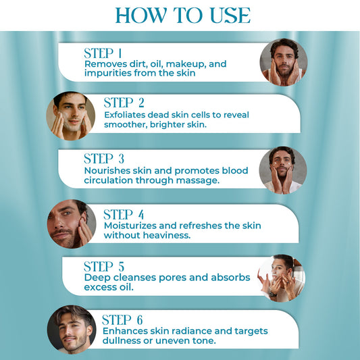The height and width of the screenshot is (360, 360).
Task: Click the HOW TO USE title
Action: [x=182, y=15]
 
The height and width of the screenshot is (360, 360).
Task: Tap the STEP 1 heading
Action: [x=103, y=53]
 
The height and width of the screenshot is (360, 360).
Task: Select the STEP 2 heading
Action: [x=124, y=103]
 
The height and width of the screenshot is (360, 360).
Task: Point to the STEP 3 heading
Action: [x=103, y=159]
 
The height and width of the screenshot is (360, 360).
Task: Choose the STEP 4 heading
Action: [x=124, y=214]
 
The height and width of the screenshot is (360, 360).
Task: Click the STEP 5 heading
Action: [x=104, y=266]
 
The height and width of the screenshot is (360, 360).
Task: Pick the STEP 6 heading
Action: [x=122, y=319]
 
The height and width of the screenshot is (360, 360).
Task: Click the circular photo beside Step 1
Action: [x=284, y=62]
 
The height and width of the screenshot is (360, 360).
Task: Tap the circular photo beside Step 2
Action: [x=70, y=115]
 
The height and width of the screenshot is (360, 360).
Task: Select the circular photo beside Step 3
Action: [x=283, y=170]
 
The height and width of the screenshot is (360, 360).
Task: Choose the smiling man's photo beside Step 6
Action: [x=72, y=330]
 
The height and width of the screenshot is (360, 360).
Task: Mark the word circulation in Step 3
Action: [x=110, y=180]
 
